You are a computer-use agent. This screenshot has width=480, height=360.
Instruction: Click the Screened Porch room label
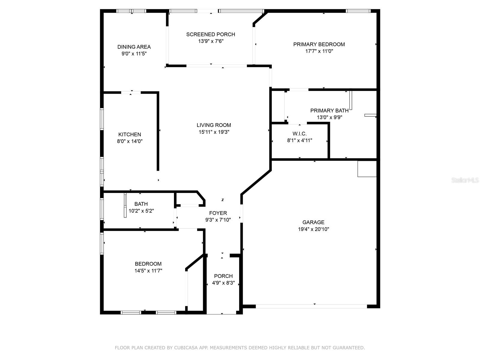(x=211, y=34)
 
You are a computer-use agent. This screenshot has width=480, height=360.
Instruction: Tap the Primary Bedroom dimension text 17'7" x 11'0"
(x=319, y=51)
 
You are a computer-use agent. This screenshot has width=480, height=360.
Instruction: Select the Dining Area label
(x=134, y=47)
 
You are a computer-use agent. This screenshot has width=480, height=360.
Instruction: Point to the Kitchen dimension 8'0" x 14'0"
(x=130, y=141)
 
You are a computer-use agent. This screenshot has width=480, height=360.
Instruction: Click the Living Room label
(x=214, y=125)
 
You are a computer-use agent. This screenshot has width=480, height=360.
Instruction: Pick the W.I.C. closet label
(x=299, y=134)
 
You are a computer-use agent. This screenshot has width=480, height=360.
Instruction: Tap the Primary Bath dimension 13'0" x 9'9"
(x=329, y=117)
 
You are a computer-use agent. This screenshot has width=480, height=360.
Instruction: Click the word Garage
(x=313, y=222)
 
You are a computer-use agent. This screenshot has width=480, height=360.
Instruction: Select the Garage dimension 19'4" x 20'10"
(x=313, y=229)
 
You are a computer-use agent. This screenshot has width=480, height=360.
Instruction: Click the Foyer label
(x=218, y=213)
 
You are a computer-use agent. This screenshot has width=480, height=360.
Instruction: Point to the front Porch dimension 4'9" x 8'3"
(x=223, y=283)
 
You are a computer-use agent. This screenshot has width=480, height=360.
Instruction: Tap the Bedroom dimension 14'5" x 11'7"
(x=148, y=271)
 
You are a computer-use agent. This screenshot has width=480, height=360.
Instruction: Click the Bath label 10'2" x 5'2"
(x=141, y=204)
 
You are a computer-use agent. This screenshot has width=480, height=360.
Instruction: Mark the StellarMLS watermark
(x=465, y=180)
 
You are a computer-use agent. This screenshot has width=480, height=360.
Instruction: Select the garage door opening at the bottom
(x=311, y=306)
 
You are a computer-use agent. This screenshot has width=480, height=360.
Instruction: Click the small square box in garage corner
(x=367, y=169)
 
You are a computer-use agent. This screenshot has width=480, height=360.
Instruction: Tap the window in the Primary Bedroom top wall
(x=358, y=11)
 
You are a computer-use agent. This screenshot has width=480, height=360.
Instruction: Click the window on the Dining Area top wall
(x=131, y=11)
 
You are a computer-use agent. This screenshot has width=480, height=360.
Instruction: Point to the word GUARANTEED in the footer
(x=348, y=348)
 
